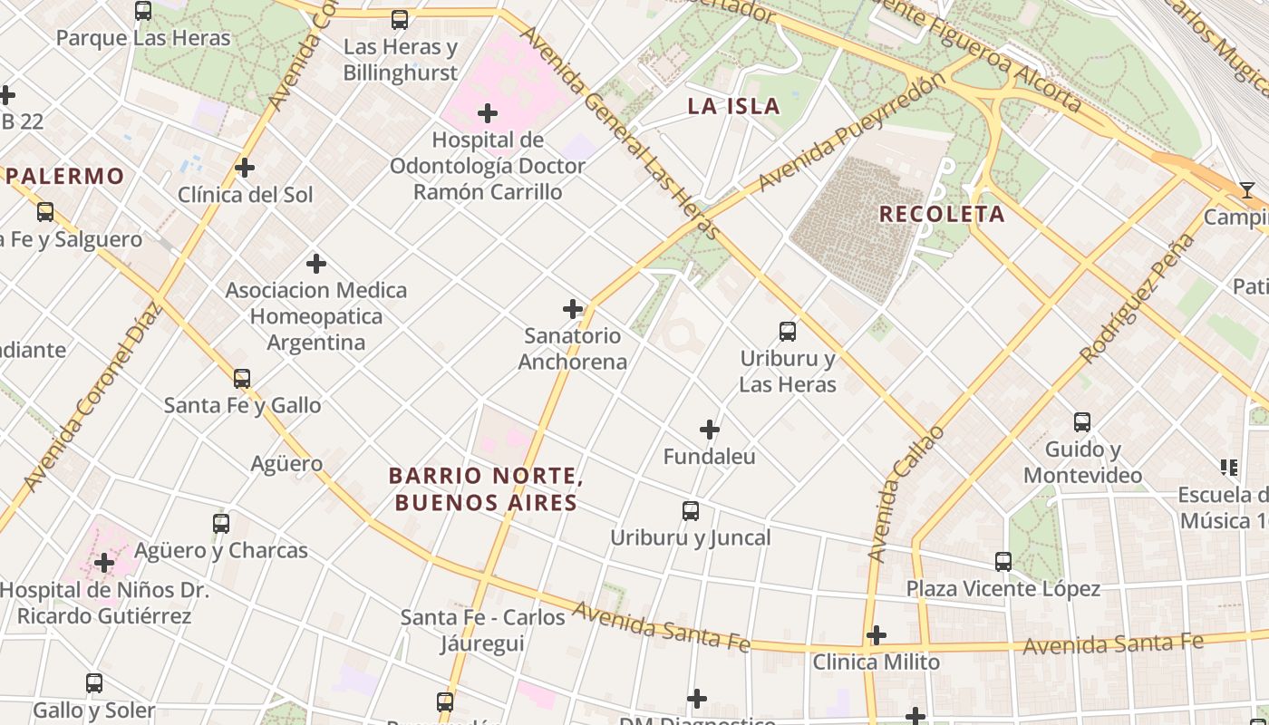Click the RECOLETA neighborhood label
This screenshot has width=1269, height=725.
click(x=942, y=214)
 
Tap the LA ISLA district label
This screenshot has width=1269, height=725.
click(x=733, y=106)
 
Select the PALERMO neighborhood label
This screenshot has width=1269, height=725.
click(x=65, y=176)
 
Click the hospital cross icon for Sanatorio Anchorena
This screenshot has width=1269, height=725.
click(x=573, y=309)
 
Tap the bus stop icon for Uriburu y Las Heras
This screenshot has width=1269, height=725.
click(x=788, y=332)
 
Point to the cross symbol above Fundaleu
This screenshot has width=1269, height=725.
click(x=710, y=430)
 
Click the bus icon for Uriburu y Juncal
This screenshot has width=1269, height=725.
click(x=691, y=511)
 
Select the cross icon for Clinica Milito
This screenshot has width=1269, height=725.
click(x=877, y=635)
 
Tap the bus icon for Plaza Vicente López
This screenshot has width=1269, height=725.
click(x=1003, y=562)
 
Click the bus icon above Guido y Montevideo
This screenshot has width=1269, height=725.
click(x=1082, y=422)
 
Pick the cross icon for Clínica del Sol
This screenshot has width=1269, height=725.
click(x=245, y=168)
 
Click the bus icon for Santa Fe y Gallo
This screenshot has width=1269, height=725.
click(x=242, y=379)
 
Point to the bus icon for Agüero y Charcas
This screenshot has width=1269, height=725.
click(x=221, y=524)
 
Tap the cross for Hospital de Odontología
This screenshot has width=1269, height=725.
click(x=488, y=113)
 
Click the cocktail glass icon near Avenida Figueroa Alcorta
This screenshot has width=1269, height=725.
click(x=1247, y=190)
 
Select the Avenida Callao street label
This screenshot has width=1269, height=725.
click(x=905, y=494)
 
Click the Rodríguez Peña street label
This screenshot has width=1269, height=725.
click(x=1138, y=298)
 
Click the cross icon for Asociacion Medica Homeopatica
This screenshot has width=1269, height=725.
click(x=316, y=264)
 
